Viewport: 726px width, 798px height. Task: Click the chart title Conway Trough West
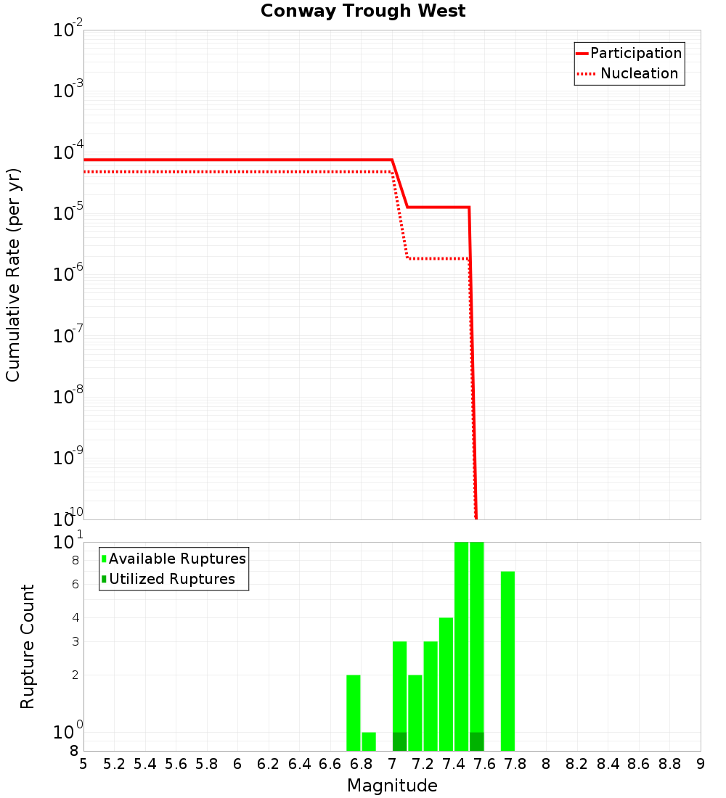tap(363, 11)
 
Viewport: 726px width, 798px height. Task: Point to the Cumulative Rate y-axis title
tap(13, 274)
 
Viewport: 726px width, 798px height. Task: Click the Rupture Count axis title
tap(28, 646)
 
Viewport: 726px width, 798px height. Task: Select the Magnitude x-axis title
tap(392, 786)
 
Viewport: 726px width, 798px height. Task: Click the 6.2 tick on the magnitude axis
tap(268, 764)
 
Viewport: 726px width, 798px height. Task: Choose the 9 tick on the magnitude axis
tap(701, 764)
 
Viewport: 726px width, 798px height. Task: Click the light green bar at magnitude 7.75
tap(507, 660)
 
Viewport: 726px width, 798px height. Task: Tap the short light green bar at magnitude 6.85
tap(369, 741)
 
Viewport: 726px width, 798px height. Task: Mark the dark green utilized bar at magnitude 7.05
tap(399, 741)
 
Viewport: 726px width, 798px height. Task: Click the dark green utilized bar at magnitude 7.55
tap(476, 741)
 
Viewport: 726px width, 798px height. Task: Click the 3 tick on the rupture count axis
tap(75, 642)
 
